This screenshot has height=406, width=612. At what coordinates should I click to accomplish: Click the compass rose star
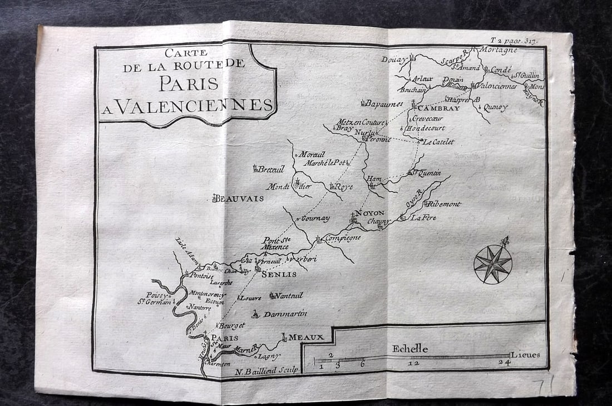[493, 263]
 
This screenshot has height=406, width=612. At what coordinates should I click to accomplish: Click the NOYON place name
[370, 213]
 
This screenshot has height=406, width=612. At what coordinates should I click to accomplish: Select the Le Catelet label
[438, 142]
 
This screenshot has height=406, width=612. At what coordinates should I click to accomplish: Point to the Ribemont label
[445, 204]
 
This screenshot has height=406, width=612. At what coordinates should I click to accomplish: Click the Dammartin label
[285, 314]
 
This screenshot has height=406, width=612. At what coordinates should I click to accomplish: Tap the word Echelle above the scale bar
[410, 349]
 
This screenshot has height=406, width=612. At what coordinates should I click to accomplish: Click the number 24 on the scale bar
[504, 363]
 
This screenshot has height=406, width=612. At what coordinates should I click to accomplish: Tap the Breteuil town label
[270, 169]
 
